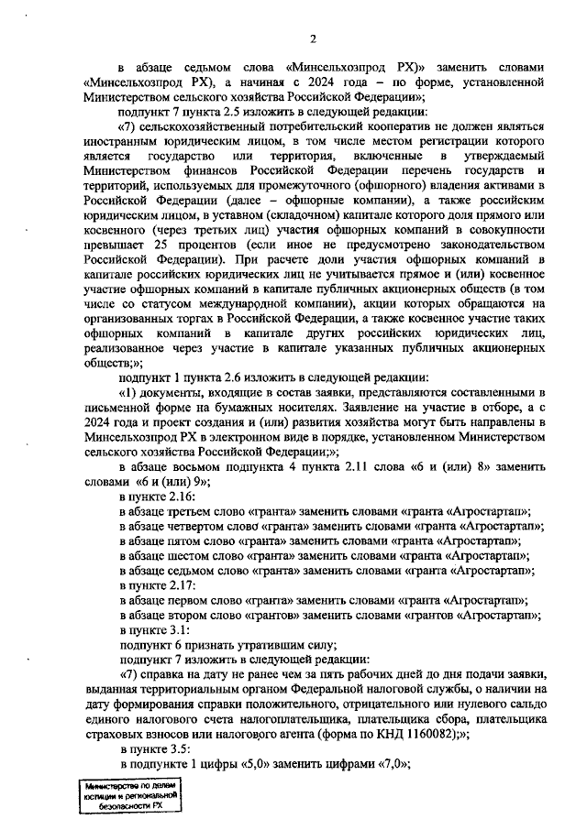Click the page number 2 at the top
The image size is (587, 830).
point(312,38)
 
